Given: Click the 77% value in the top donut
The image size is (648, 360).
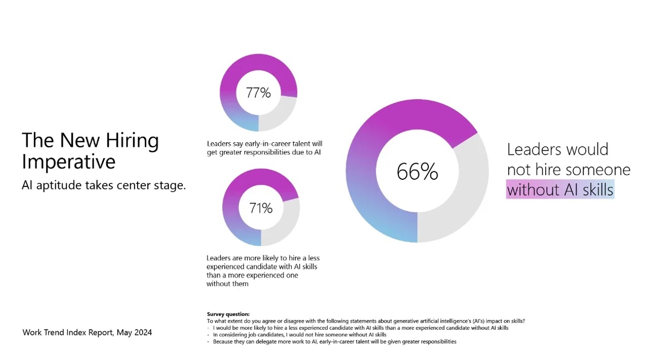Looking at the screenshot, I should (258, 93).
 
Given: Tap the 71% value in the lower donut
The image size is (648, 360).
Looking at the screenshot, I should (261, 208).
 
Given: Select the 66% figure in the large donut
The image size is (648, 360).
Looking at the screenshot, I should (417, 172).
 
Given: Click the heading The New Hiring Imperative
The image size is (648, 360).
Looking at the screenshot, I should (90, 150).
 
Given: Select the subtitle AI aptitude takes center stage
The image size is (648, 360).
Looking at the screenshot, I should (104, 185).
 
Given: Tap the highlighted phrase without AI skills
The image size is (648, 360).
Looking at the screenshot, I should (560, 190).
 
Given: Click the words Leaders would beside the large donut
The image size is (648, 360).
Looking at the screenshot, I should (557, 149).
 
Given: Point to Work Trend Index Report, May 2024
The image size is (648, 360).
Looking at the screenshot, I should (87, 332).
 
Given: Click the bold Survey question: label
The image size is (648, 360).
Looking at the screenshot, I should (228, 314).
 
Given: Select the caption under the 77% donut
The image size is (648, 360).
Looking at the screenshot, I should (264, 148).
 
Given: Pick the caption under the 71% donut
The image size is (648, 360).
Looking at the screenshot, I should (263, 271).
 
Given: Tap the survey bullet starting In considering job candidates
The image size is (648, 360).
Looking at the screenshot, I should (299, 335).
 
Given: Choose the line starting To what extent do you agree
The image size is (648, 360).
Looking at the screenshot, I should (366, 321).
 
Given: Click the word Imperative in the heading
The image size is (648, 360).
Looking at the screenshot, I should (68, 162).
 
